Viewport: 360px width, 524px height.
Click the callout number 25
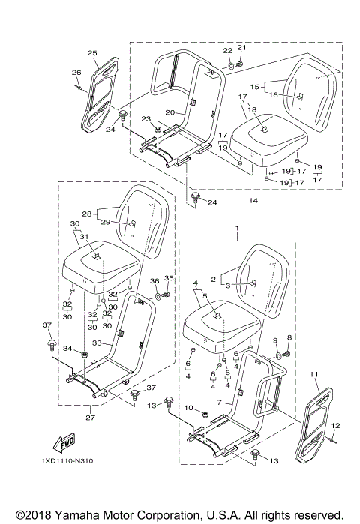tap(92, 53)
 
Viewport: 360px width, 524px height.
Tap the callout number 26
tap(76, 73)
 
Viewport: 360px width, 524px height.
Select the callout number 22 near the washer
tap(226, 50)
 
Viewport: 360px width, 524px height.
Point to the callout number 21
tap(241, 48)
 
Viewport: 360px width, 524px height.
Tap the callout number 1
tap(237, 226)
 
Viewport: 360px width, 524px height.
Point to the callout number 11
tap(313, 373)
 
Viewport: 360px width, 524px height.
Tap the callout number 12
tap(335, 426)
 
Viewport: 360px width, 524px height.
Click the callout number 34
tap(65, 349)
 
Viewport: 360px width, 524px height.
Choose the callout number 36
tap(154, 280)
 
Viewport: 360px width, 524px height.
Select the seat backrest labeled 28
tap(146, 225)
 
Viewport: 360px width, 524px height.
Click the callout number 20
tap(169, 113)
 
